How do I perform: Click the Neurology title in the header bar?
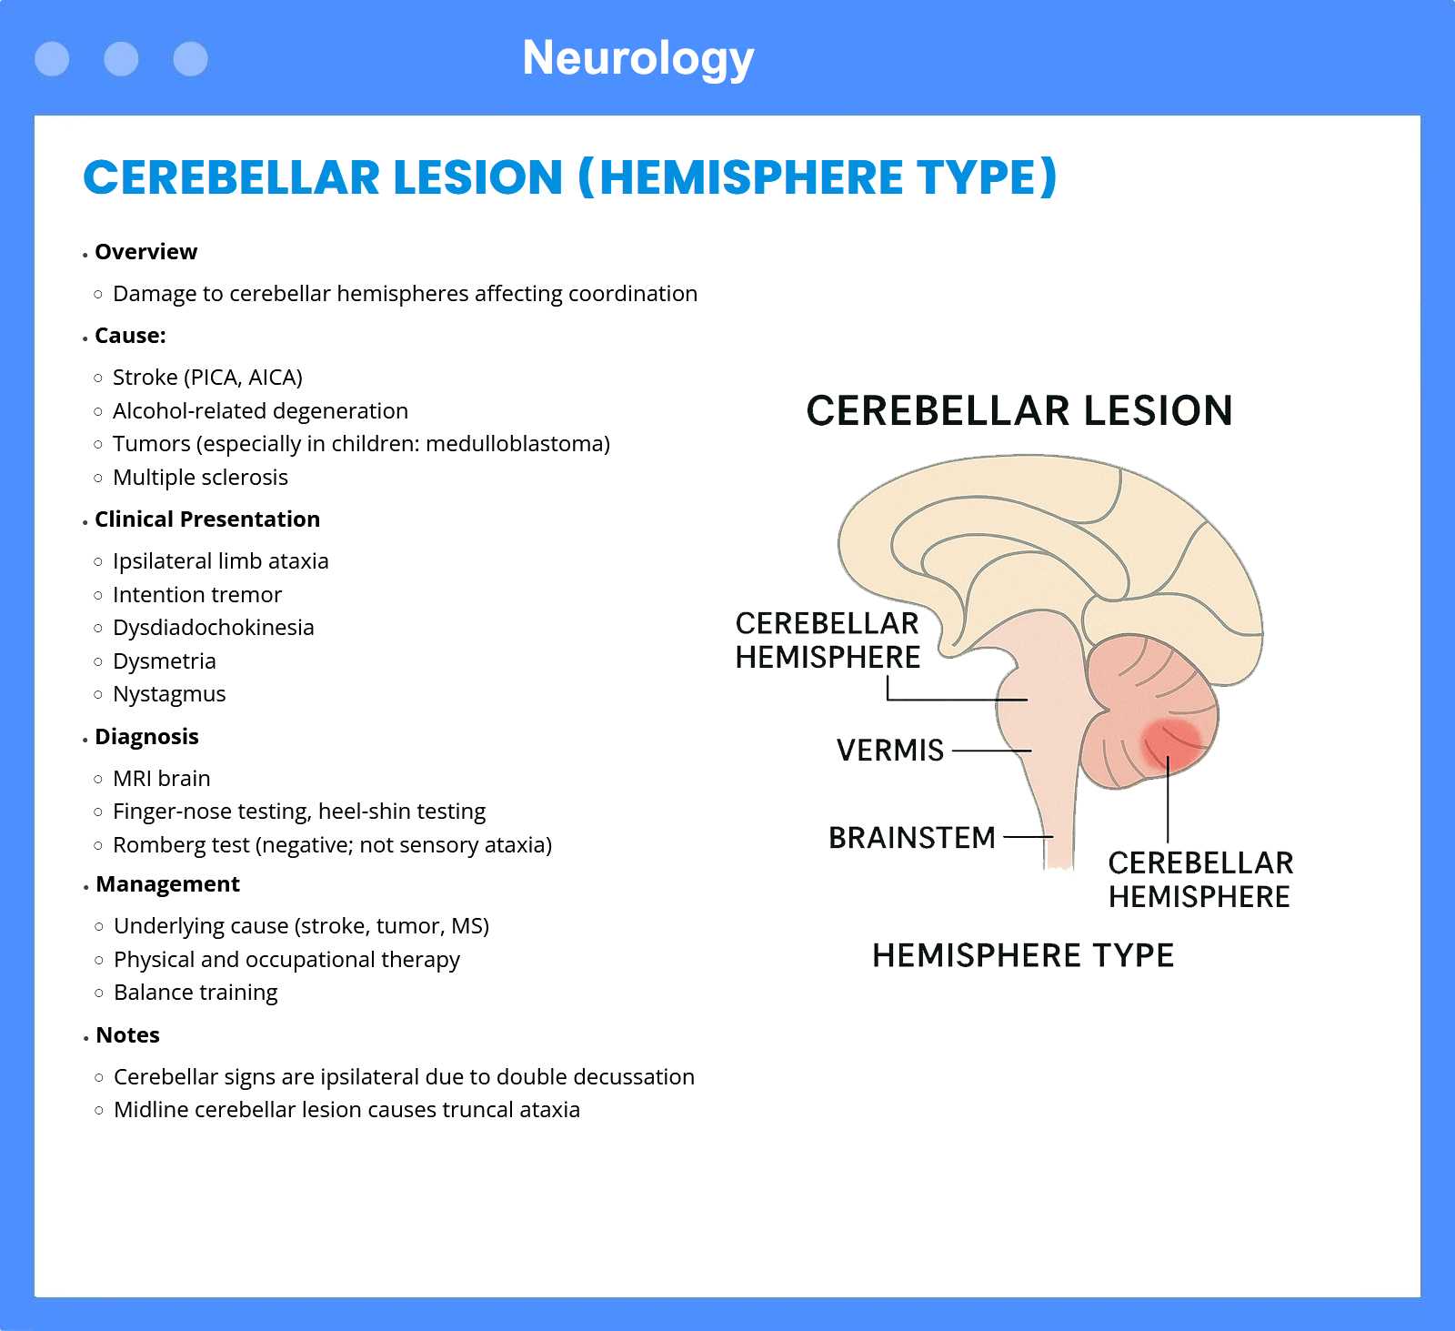click(x=638, y=59)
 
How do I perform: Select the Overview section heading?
click(x=145, y=252)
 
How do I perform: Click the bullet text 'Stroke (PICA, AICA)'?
click(x=207, y=378)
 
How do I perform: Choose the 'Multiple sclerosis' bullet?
click(x=200, y=478)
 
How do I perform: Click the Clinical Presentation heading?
click(x=207, y=519)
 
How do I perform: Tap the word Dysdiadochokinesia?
click(x=214, y=628)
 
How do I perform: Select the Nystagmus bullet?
click(x=169, y=694)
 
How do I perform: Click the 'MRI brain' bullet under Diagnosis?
click(x=162, y=779)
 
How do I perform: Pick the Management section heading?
click(x=167, y=884)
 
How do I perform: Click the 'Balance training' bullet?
click(x=196, y=993)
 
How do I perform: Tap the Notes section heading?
click(x=127, y=1035)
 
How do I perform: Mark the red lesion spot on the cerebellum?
click(x=1171, y=744)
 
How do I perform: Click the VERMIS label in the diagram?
click(x=890, y=751)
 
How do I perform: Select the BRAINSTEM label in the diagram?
click(x=912, y=838)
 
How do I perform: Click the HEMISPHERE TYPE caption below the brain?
click(x=1023, y=956)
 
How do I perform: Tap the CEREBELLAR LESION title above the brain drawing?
click(x=1019, y=411)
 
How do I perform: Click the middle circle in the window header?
click(x=121, y=59)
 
